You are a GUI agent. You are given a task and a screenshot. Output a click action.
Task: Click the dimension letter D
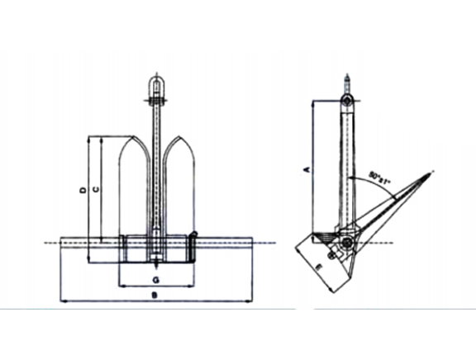click(x=83, y=190)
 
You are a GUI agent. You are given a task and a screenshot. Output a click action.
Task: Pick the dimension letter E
click(x=320, y=266)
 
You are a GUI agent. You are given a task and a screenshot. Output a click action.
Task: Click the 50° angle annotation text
click(x=379, y=175)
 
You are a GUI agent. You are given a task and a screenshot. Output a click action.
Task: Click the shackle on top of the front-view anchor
click(x=155, y=88)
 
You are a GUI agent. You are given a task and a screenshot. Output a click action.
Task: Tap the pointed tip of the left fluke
click(x=134, y=137)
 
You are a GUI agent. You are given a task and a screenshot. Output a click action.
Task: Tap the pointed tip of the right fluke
click(x=178, y=137)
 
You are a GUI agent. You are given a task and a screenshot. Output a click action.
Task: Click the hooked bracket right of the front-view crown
click(x=195, y=244)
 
